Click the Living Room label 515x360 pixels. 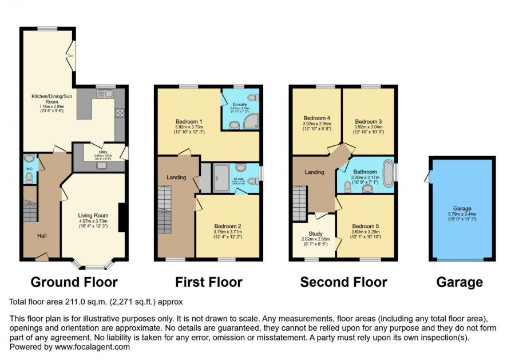tap(93, 216)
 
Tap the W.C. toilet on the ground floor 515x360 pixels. tap(29, 177)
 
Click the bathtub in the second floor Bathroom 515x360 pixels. tap(389, 174)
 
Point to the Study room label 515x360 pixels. tap(315, 234)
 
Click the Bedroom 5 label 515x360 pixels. tap(365, 226)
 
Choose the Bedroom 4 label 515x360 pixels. tap(317, 118)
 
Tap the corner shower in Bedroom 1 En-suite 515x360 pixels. tap(251, 120)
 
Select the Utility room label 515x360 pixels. tap(102, 152)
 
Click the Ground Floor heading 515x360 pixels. tap(74, 282)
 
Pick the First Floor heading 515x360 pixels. tap(208, 282)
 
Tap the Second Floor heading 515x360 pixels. tap(343, 282)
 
